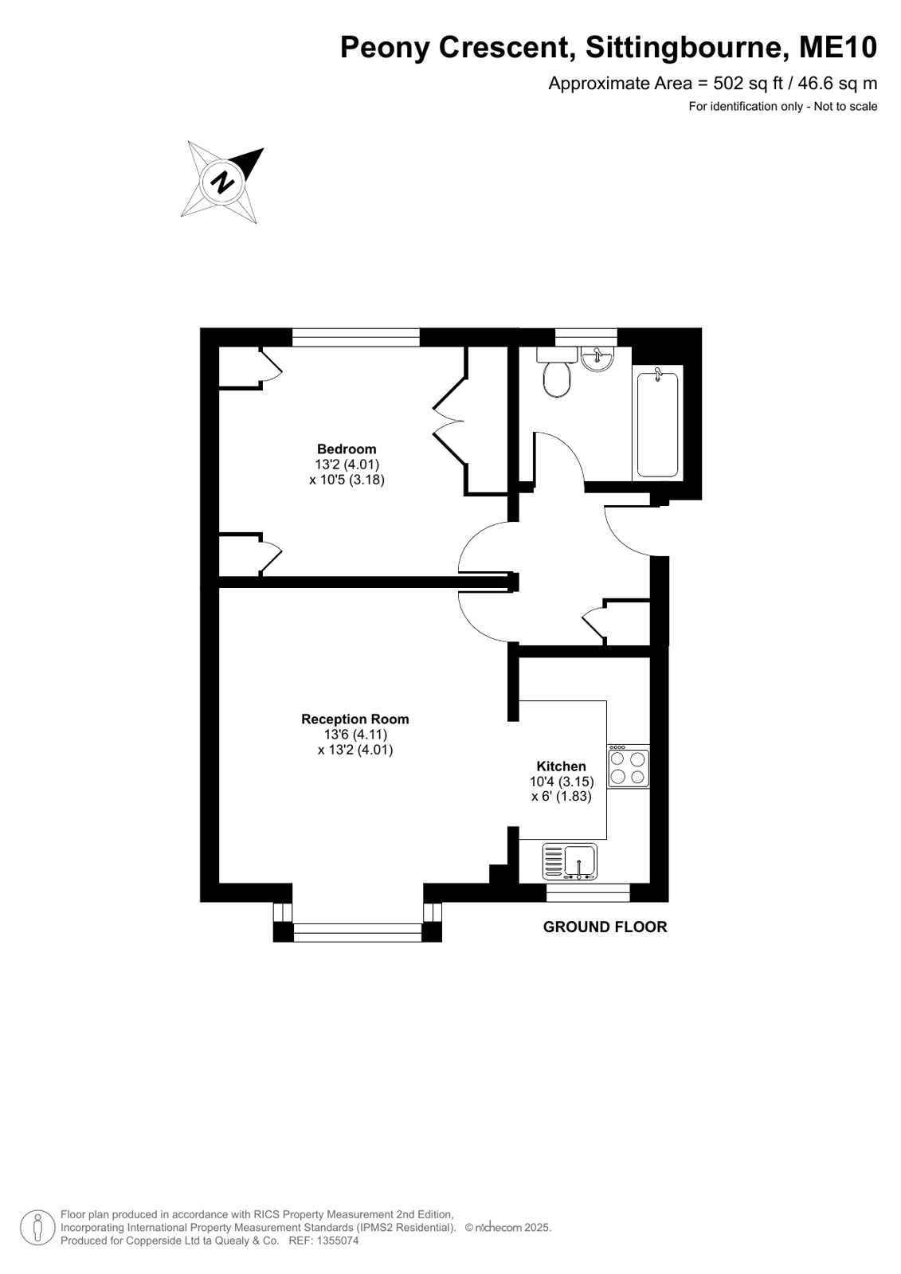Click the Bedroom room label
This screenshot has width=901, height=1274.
(347, 449)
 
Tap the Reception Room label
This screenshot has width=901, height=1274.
(355, 719)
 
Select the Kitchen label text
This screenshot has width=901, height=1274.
(561, 766)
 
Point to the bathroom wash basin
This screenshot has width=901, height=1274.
(597, 359)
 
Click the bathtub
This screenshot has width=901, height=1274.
(657, 425)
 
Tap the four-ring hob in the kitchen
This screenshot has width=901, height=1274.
(629, 768)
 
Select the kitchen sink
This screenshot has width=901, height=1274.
(570, 861)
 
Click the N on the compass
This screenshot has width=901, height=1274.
(222, 182)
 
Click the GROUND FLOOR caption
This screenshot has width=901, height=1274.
(605, 927)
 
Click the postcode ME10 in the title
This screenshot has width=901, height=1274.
(838, 47)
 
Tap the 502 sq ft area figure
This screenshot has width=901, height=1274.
(749, 84)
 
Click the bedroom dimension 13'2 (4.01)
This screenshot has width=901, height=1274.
(347, 464)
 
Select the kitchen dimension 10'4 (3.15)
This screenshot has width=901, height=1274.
(562, 782)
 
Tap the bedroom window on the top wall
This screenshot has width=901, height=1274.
(356, 337)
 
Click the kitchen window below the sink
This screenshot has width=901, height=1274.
(588, 892)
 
